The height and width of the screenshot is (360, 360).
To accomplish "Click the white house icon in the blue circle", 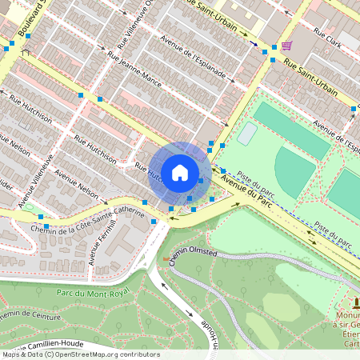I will click(180, 171).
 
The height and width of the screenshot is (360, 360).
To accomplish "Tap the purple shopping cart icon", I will click(286, 45).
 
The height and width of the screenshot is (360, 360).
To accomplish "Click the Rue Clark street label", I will click(327, 38).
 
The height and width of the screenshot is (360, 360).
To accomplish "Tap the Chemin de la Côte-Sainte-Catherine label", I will click(80, 222).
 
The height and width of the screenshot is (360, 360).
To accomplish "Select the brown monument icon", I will click(356, 302).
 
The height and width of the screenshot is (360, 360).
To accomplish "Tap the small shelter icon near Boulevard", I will click(26, 54).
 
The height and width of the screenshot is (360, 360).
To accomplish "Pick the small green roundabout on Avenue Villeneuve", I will click(30, 207).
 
